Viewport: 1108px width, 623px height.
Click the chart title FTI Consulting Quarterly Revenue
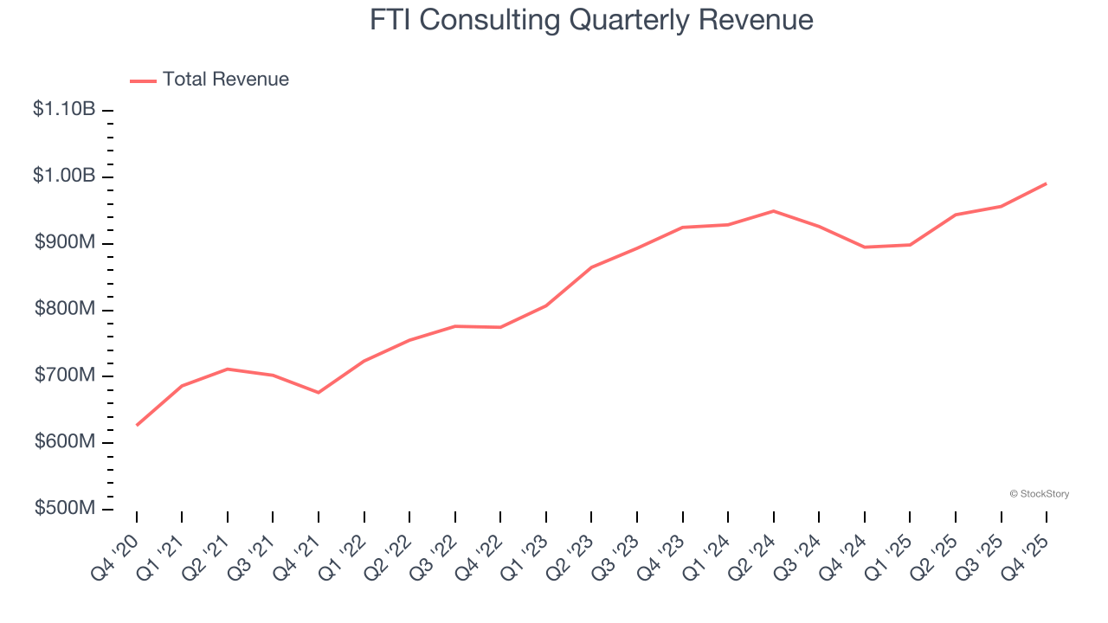(591, 20)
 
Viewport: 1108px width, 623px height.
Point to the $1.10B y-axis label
(64, 110)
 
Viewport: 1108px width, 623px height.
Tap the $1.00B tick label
(64, 176)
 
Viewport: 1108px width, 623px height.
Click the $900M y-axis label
(65, 242)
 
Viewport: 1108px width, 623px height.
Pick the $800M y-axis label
(65, 309)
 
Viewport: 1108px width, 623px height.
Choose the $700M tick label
(65, 376)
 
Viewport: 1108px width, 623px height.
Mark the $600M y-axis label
(65, 442)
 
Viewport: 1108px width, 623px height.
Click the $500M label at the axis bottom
(65, 508)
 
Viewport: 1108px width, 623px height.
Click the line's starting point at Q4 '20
(137, 425)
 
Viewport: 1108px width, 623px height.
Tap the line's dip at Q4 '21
(319, 393)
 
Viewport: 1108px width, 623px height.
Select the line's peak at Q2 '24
(773, 211)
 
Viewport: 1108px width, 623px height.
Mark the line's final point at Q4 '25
(1046, 183)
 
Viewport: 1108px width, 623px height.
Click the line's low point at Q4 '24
(864, 247)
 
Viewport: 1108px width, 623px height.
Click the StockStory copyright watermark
(1039, 494)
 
